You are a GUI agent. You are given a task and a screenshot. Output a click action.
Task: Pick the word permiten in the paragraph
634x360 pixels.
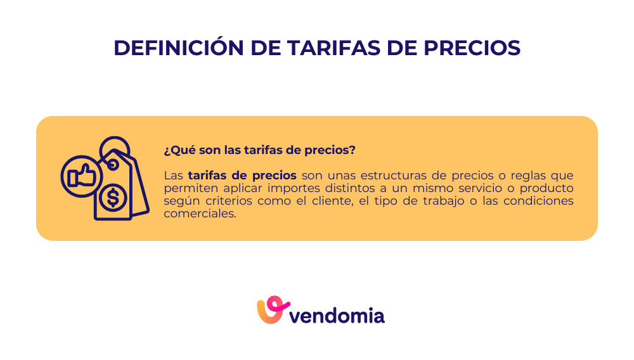coord(185,188)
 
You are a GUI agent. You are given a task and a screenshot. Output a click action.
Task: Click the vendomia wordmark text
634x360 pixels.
coord(337,314)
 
